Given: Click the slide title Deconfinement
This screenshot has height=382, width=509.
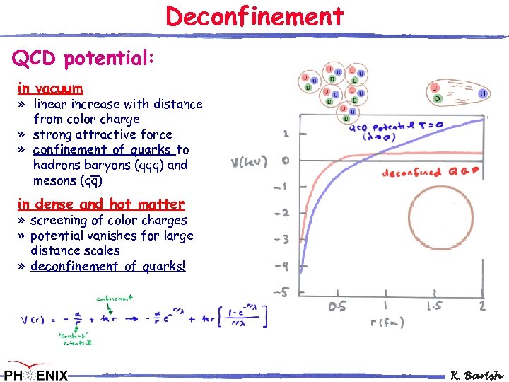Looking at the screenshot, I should click(255, 16).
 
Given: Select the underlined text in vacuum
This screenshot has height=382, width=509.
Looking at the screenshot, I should click(50, 88).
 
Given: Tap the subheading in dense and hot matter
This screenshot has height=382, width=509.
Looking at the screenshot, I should click(101, 204).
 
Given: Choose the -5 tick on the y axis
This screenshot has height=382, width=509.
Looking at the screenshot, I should click(281, 291).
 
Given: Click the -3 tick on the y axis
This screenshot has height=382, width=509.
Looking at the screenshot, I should click(282, 240).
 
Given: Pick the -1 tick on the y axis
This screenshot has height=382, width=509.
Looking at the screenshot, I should click(282, 187).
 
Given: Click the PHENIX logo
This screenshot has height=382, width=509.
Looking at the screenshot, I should click(35, 373).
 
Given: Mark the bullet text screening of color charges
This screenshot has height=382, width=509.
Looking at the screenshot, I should click(109, 220).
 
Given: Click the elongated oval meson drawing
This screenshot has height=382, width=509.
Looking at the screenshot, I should click(457, 93).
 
